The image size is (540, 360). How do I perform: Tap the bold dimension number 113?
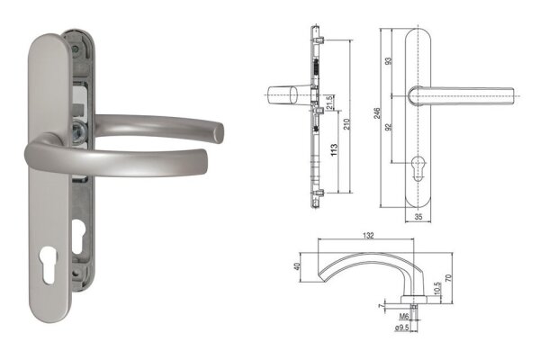coord(334,148)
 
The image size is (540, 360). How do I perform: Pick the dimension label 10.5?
coord(438,286)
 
